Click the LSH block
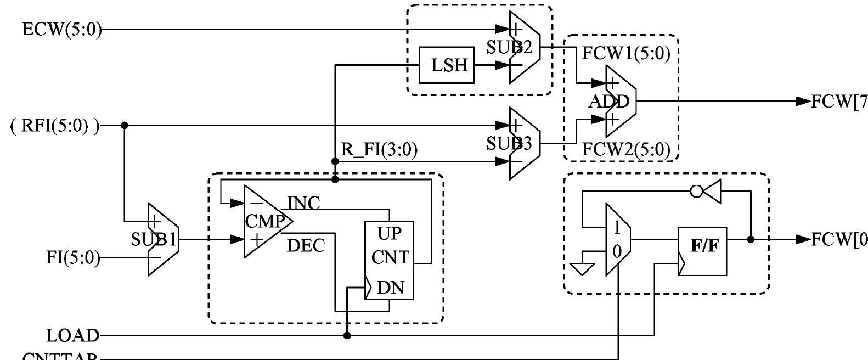point(446,65)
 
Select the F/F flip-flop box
point(702,251)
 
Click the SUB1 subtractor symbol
point(162,239)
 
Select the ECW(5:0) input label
point(62,29)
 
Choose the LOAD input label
point(72,335)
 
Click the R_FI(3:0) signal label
point(379,150)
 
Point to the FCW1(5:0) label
point(625,54)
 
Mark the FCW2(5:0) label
point(625,149)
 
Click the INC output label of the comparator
point(303,203)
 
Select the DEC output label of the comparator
point(306,245)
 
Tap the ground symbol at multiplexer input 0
point(582,268)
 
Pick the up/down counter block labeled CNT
point(390,261)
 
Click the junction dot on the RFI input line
point(125,126)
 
